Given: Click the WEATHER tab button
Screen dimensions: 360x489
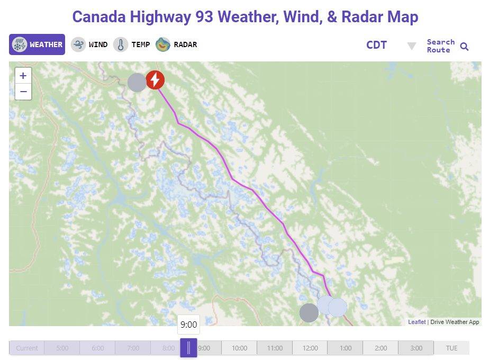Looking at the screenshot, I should tap(37, 44).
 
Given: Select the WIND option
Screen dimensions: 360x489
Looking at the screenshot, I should tap(89, 44).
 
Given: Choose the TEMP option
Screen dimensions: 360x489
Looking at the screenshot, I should tap(132, 44).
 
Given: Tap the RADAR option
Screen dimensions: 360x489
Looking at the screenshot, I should tap(176, 44).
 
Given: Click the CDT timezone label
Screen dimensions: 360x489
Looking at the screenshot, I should tap(376, 45).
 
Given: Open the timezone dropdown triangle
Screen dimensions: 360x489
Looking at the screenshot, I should tap(411, 46).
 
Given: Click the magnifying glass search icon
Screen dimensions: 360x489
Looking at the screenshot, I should tap(464, 47).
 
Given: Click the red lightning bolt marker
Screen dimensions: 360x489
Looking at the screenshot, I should tap(155, 80).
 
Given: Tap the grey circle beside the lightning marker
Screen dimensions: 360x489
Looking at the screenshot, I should tap(137, 82).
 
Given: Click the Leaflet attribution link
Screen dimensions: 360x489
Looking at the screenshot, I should tap(416, 322).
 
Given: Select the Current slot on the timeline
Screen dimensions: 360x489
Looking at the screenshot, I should tap(26, 348).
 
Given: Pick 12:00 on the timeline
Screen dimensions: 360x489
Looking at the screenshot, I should tap(310, 348).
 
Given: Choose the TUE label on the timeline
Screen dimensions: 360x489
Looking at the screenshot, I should tap(451, 348).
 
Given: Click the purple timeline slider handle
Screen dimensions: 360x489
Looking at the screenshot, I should tap(188, 348).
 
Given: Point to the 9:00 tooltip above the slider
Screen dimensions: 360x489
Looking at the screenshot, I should tap(188, 325).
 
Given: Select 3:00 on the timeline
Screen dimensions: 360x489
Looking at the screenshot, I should tap(416, 348).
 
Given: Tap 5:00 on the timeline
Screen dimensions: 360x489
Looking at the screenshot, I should tap(62, 348).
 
